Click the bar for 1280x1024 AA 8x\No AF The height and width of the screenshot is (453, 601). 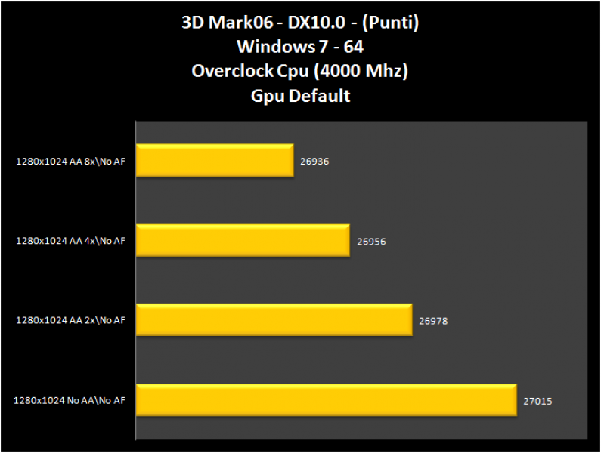[x=215, y=161]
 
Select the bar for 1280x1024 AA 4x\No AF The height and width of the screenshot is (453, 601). [x=243, y=240]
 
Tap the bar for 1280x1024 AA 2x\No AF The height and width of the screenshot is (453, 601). [x=274, y=320]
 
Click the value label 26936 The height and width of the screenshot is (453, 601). [x=314, y=162]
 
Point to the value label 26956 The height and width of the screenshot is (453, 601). [x=371, y=242]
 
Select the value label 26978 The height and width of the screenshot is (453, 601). [x=433, y=321]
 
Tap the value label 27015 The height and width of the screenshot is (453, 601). [x=537, y=401]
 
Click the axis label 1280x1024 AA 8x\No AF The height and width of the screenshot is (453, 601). [x=70, y=161]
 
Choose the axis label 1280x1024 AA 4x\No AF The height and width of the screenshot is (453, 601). [x=70, y=241]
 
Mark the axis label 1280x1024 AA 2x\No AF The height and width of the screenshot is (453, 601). [x=70, y=321]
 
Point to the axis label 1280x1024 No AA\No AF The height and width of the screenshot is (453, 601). [x=69, y=401]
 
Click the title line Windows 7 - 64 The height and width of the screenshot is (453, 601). [x=300, y=47]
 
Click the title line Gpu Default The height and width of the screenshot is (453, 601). [x=300, y=96]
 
